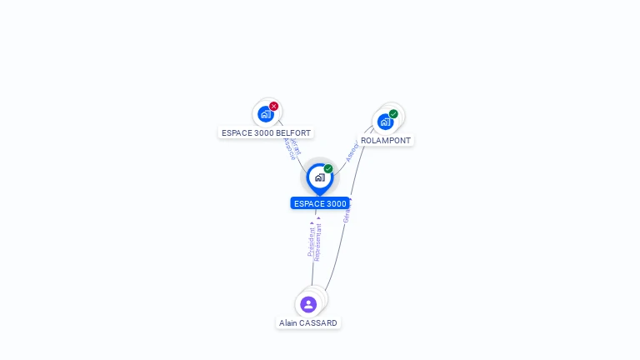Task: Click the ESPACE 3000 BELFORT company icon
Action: [x=266, y=113]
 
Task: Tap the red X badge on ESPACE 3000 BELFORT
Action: [x=273, y=107]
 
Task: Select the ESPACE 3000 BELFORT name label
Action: [x=266, y=132]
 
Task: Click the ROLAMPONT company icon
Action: [x=385, y=122]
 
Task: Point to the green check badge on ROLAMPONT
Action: [x=393, y=114]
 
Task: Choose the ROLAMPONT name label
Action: [x=386, y=141]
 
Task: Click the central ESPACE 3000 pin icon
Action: [x=319, y=177]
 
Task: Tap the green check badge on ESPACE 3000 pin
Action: [x=328, y=169]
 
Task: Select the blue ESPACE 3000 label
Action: [x=320, y=203]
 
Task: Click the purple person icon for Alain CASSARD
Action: [x=308, y=304]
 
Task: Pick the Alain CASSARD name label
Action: [x=308, y=322]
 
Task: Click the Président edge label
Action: [x=311, y=241]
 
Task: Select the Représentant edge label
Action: [x=317, y=241]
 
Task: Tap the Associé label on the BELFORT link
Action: [x=288, y=148]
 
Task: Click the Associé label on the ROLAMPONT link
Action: [x=351, y=152]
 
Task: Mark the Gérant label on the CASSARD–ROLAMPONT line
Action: [x=347, y=213]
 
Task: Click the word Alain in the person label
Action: [x=288, y=322]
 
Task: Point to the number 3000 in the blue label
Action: [x=335, y=203]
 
